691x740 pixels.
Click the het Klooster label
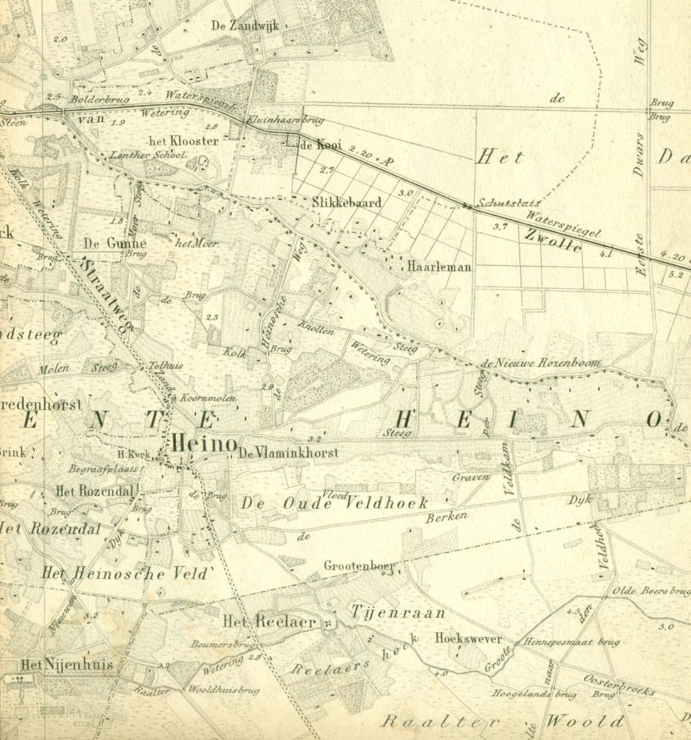(183, 141)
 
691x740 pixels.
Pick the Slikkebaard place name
(346, 202)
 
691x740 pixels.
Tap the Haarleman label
(439, 267)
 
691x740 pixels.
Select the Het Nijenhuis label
(66, 665)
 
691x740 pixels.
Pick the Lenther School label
(146, 155)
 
